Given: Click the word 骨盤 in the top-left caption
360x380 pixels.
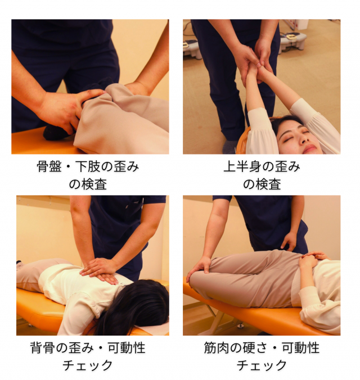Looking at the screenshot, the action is [49, 167].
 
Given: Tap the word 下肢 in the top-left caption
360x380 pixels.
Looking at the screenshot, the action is [87, 167].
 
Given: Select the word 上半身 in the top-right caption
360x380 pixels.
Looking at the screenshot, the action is [242, 167].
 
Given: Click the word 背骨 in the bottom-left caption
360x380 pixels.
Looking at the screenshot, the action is [43, 348].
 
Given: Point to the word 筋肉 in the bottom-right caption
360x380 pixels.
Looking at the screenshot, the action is [217, 348].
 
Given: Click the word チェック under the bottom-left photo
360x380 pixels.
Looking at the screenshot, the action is [88, 365].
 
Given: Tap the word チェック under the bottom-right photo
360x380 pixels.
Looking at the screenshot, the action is [262, 365].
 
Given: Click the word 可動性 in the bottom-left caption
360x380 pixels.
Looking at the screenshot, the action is [127, 348].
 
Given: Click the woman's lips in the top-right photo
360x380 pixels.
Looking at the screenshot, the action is [310, 148].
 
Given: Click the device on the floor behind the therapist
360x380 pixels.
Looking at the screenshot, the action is [292, 41].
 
